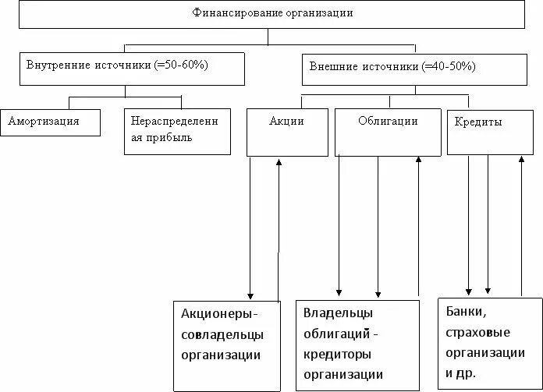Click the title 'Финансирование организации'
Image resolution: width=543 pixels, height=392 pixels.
point(271,13)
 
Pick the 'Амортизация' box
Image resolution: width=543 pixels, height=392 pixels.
point(50,122)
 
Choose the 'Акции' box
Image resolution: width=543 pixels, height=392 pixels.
point(287,122)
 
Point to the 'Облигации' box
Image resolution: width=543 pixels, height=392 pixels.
point(388,122)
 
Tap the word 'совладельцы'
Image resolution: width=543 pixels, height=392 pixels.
point(222,334)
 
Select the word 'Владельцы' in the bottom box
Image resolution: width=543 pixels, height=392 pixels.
point(339,313)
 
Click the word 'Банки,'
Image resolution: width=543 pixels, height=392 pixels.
point(466,312)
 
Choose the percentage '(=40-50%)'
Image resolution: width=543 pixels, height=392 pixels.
point(449,67)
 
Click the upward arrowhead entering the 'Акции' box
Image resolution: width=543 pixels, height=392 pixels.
point(279,161)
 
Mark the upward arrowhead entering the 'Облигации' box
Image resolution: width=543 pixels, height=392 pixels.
point(419,160)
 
